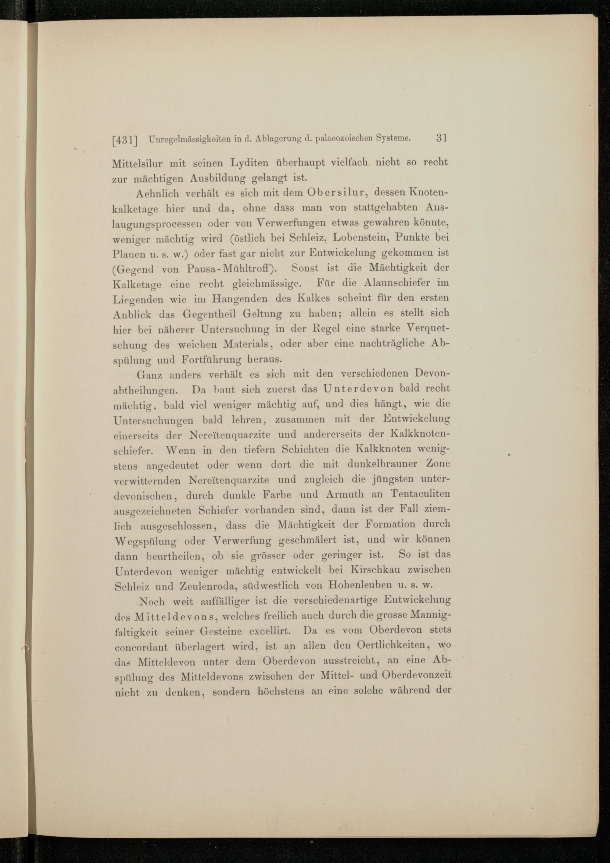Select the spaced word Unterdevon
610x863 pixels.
(x=355, y=389)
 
